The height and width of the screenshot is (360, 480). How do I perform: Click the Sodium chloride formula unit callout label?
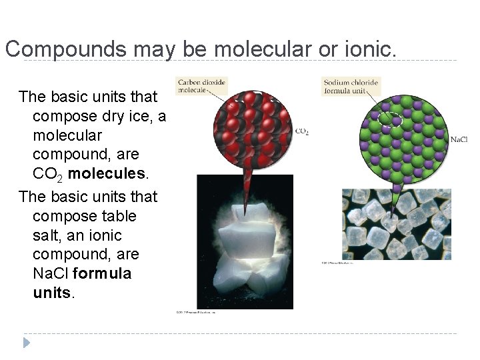pos(351,87)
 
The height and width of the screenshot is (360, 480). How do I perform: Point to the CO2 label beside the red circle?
pos(301,132)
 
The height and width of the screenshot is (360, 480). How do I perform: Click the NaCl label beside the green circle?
pos(459,139)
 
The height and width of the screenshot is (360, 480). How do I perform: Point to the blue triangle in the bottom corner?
pos(27,343)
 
